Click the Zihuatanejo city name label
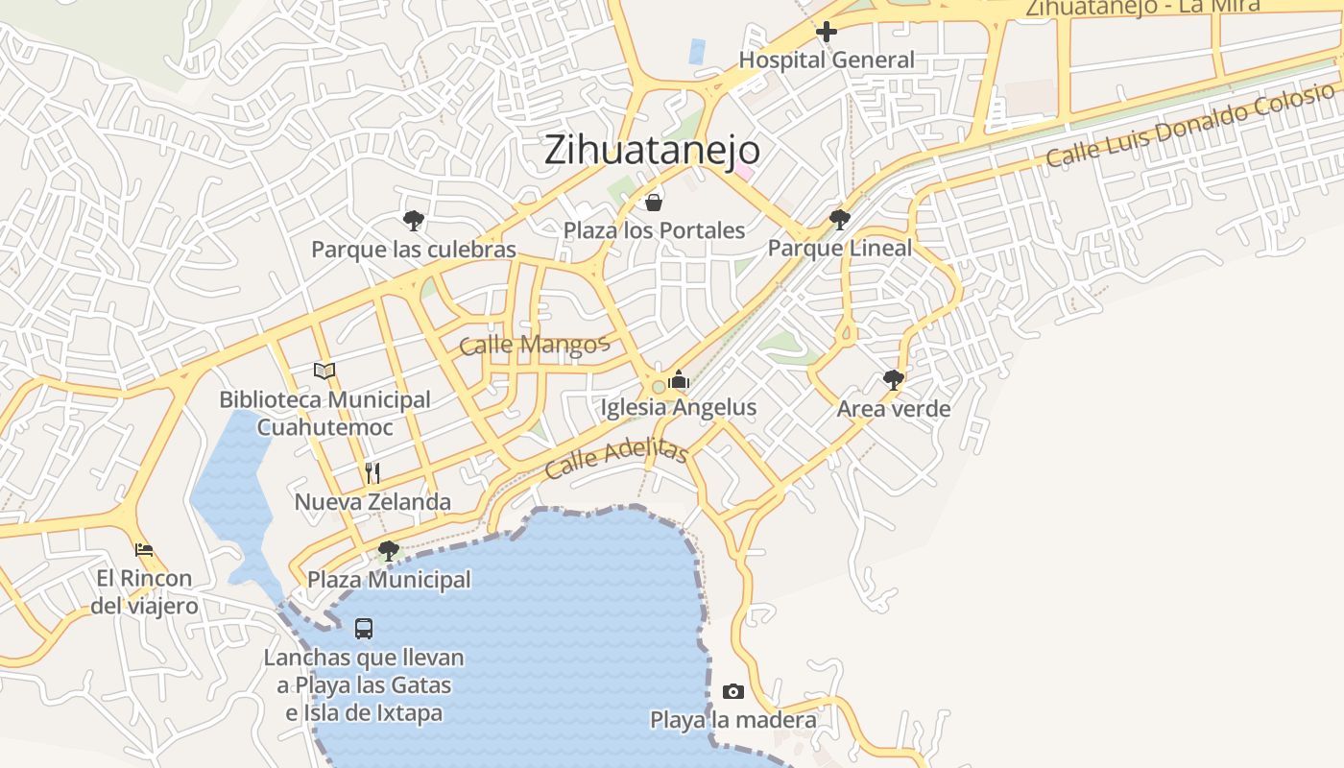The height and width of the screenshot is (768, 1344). click(652, 151)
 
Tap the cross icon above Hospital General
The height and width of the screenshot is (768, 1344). click(826, 33)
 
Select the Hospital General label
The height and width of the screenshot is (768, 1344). click(827, 60)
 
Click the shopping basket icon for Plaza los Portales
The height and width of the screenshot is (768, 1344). click(654, 202)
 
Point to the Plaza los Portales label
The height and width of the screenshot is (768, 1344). click(654, 230)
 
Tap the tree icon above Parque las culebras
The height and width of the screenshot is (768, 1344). click(414, 221)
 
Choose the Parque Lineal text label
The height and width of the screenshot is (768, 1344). click(840, 249)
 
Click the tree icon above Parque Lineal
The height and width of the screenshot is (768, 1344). click(840, 220)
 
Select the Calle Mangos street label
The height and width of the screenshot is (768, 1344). click(534, 345)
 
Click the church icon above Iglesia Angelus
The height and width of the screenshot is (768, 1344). click(679, 379)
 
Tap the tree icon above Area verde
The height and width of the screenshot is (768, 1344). click(894, 380)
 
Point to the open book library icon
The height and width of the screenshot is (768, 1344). click(325, 371)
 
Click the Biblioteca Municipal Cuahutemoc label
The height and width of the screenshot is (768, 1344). click(324, 413)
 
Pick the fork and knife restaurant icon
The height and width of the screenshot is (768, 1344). click(372, 472)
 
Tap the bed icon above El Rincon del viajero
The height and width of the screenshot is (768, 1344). click(144, 550)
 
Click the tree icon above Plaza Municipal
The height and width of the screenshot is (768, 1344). click(389, 551)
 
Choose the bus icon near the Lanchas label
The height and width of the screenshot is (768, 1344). click(364, 629)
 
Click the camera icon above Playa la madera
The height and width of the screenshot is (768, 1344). click(733, 691)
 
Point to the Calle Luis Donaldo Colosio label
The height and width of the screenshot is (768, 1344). click(1189, 125)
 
